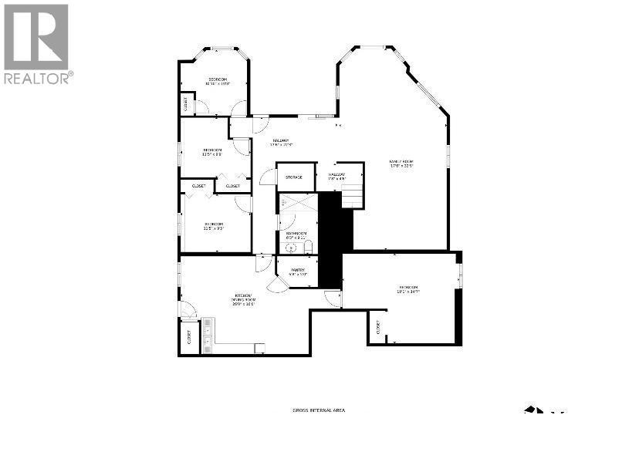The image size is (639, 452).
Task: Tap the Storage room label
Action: (294, 177)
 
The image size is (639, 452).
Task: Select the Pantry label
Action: (298, 272)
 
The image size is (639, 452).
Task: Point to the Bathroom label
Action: (296, 235)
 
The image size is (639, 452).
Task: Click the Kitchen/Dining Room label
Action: (243, 299)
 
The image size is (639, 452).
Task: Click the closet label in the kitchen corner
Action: (188, 336)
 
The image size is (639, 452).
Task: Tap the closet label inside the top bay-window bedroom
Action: (185, 103)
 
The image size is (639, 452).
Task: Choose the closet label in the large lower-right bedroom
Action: (378, 327)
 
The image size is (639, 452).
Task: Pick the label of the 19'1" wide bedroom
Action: (409, 289)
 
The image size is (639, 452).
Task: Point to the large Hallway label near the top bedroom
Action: (279, 142)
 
